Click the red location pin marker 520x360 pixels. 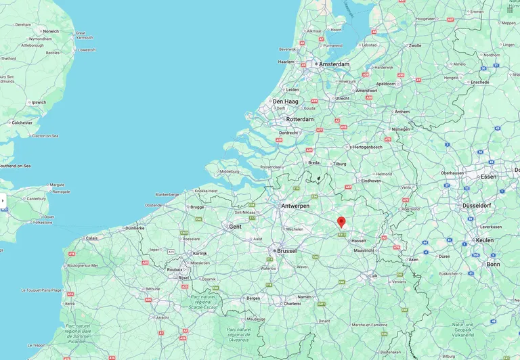click(341, 222)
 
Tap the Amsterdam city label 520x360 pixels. click(334, 64)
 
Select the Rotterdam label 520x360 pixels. click(300, 119)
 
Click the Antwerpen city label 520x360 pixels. click(295, 206)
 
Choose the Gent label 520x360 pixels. click(235, 227)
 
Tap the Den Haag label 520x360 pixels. click(285, 102)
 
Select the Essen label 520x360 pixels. click(488, 177)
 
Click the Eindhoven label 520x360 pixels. click(370, 181)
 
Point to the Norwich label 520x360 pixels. click(50, 31)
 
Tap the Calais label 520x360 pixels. click(91, 238)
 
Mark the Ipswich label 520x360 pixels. click(39, 103)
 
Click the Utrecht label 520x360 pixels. click(342, 98)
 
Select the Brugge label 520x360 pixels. click(197, 207)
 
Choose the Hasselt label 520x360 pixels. click(358, 240)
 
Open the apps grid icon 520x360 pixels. click(510, 9)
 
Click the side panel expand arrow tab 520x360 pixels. click(3, 200)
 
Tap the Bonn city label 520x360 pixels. click(493, 264)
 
